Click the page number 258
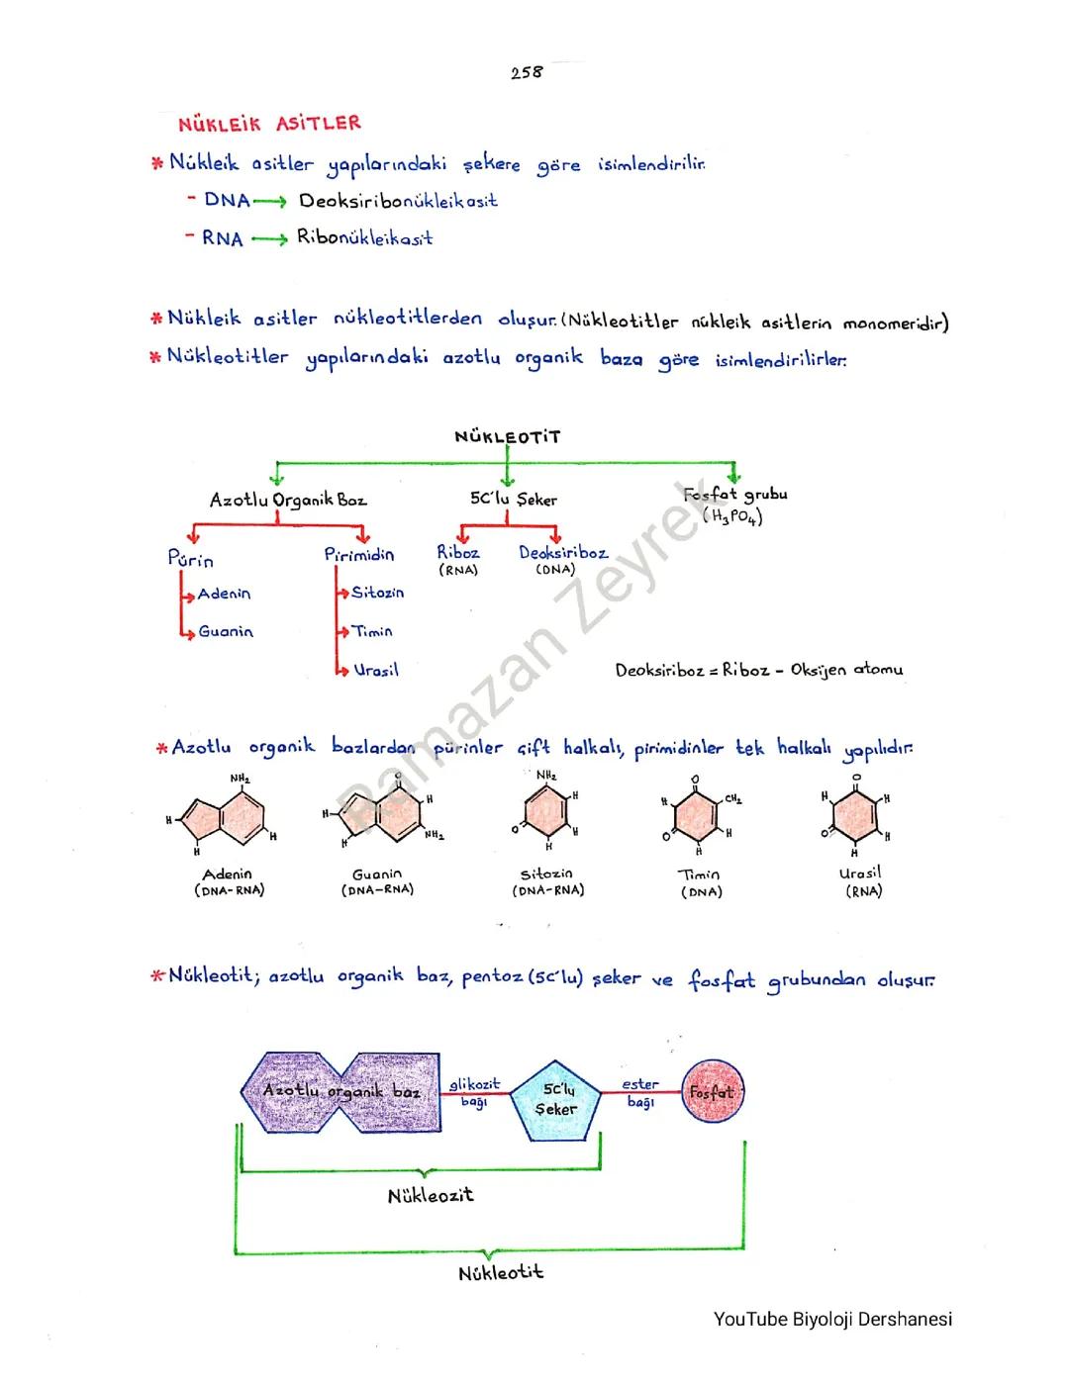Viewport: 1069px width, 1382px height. point(527,72)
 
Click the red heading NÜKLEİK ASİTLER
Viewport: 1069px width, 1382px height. point(269,124)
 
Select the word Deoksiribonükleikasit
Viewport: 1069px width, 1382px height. point(398,201)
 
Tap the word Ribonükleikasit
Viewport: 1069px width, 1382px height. point(364,238)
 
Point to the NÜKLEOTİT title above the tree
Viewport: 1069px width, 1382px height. point(507,436)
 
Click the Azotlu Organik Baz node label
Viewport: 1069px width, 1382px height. point(287,501)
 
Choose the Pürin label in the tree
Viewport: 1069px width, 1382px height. point(191,560)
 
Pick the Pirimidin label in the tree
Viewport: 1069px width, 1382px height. point(358,555)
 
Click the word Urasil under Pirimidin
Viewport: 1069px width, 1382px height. point(376,670)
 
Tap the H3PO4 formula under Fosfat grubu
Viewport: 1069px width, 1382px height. point(732,515)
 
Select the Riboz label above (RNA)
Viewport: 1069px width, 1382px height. point(458,553)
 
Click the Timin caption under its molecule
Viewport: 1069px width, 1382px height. point(700,875)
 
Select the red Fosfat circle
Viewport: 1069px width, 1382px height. point(712,1093)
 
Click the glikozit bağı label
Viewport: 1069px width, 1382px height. point(474,1092)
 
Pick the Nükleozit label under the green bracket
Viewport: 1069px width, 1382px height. point(431,1195)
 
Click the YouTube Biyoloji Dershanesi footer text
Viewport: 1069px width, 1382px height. point(832,1319)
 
